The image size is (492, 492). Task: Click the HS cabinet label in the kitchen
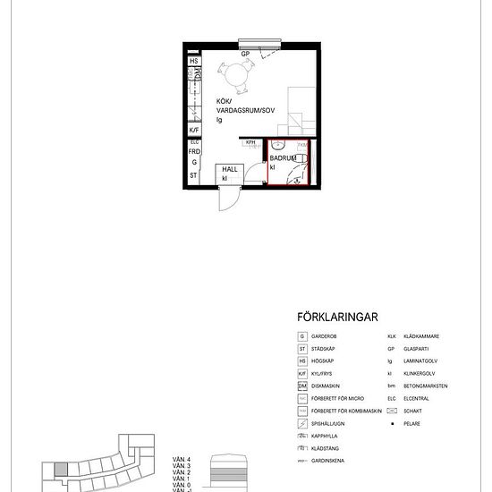[193, 62]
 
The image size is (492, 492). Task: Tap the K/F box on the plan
[193, 130]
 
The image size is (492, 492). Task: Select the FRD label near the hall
[193, 152]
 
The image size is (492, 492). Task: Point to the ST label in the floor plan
[193, 175]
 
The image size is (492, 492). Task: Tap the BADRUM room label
[284, 157]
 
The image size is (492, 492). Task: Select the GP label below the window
[242, 54]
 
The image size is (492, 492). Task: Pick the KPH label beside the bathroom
[251, 141]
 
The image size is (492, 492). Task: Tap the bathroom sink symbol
[278, 143]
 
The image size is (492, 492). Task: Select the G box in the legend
[302, 336]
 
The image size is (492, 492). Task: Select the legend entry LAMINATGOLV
[419, 361]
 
